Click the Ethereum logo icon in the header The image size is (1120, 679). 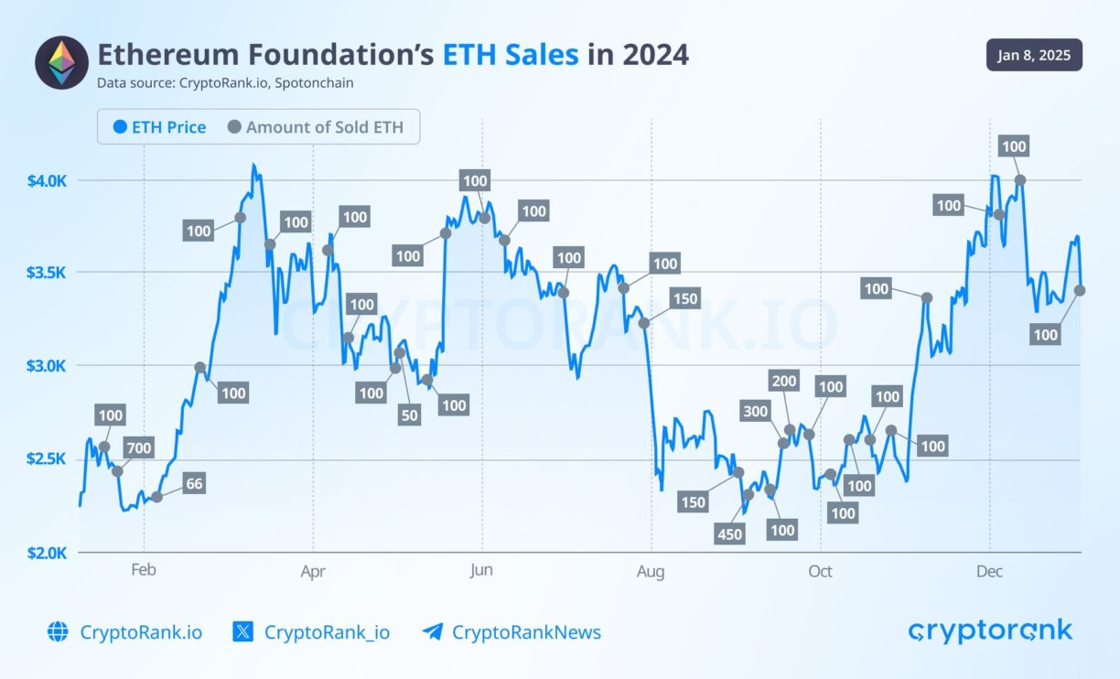pos(61,62)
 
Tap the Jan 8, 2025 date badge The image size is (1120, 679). pos(1034,55)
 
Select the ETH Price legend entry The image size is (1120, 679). pos(160,127)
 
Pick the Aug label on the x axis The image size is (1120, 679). pos(651,572)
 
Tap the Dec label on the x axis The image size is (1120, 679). pos(989,572)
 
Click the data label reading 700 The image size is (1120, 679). pos(140,447)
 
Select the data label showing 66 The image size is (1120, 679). pos(193,484)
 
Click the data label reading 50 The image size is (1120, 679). pos(409,415)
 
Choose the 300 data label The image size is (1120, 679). pos(755,412)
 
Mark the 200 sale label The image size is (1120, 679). pos(784,382)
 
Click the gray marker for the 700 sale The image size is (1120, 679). pos(117,471)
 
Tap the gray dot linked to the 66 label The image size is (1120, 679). pos(156,496)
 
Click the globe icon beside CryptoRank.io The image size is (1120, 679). pos(58,631)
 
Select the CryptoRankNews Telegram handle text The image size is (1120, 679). pos(526,631)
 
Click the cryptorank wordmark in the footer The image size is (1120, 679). pos(990,630)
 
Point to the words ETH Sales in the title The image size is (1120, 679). pos(511,55)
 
